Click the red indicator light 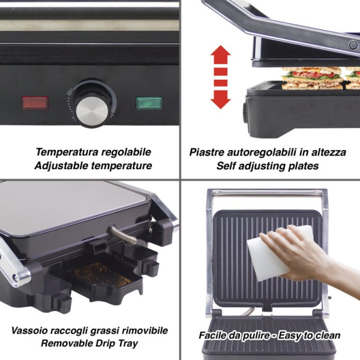click(x=35, y=103)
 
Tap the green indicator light click(x=149, y=103)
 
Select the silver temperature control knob click(x=92, y=111)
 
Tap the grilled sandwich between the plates click(x=313, y=78)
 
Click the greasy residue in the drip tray click(x=101, y=275)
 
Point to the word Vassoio click(x=29, y=331)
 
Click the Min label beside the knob click(x=70, y=91)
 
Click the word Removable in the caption click(x=67, y=344)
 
